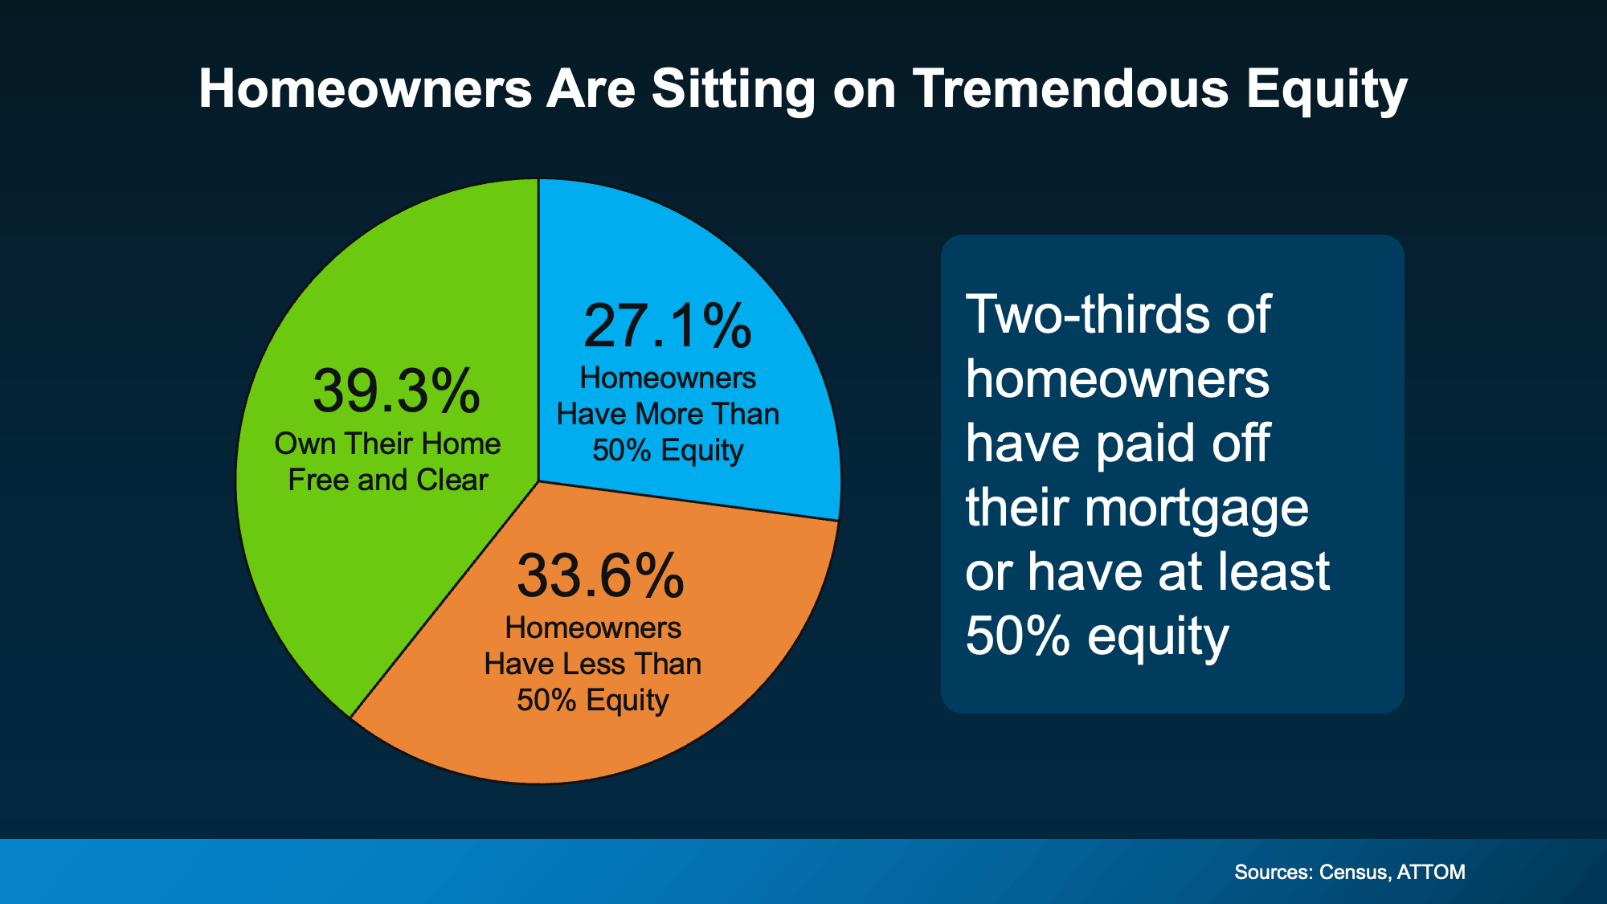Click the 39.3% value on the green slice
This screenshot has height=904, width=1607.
396,391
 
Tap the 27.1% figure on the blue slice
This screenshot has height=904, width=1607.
668,326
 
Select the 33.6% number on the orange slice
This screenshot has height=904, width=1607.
600,576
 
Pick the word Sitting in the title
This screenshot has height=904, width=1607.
734,89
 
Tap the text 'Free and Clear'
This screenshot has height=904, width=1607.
388,480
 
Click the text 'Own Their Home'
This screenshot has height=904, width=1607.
387,444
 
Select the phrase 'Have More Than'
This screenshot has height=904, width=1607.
668,414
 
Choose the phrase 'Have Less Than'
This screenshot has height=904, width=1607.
593,664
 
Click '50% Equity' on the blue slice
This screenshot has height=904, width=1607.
668,451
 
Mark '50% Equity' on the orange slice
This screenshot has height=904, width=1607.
593,701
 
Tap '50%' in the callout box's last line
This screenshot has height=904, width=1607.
1018,636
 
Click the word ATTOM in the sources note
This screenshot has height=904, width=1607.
1431,872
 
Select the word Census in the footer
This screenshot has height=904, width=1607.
1354,872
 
